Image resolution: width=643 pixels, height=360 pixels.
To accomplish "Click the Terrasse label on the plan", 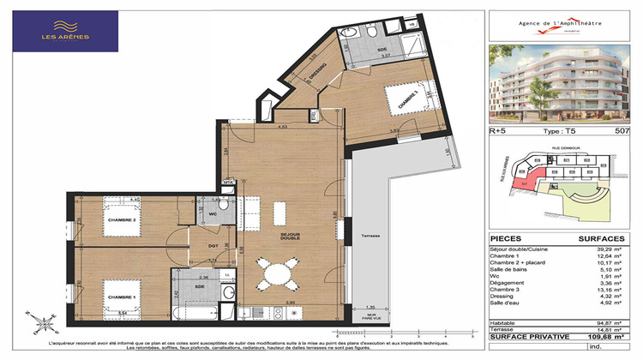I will [x=370, y=236].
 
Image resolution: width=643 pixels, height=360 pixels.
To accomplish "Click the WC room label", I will [x=213, y=215].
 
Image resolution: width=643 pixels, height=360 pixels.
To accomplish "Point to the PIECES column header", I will [x=507, y=239].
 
